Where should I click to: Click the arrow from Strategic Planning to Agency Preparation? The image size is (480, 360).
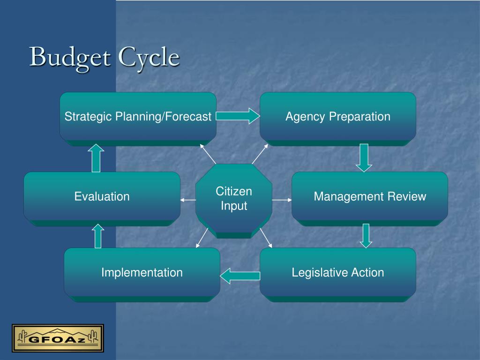[238, 116]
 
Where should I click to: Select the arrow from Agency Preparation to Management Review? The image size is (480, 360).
[364, 157]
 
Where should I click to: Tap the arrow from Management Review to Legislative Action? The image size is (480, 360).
[366, 235]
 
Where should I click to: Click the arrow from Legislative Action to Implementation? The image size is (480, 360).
[240, 276]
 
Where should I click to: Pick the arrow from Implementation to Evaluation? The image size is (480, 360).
[97, 236]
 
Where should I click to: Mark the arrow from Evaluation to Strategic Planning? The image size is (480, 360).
[96, 158]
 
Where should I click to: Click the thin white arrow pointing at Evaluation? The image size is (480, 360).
[188, 200]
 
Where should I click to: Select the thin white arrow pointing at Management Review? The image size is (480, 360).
[282, 200]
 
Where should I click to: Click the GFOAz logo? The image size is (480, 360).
[58, 337]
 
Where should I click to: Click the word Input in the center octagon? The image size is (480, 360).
[233, 206]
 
